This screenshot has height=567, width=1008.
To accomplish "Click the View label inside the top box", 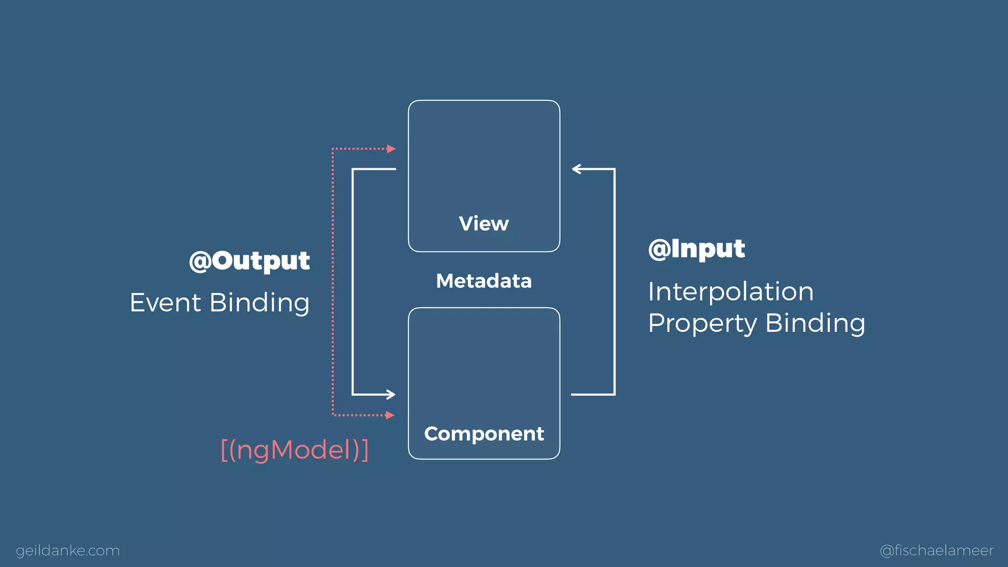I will click(x=484, y=224).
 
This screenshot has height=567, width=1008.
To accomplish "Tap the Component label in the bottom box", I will click(x=484, y=434).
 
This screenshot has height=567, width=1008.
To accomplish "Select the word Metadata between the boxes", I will click(x=484, y=281).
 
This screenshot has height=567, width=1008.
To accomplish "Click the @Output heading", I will click(x=250, y=261).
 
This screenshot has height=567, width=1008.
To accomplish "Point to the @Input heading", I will click(x=696, y=249).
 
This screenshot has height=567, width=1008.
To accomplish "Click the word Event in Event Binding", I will click(x=165, y=302).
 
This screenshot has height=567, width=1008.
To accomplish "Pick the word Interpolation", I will click(x=730, y=291).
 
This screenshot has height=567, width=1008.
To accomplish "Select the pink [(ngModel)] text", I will click(x=295, y=450).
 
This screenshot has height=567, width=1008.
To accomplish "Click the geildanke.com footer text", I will click(x=68, y=550).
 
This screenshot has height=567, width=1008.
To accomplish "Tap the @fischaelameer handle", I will click(x=937, y=550).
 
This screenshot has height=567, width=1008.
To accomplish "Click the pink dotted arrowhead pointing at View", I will click(x=391, y=149).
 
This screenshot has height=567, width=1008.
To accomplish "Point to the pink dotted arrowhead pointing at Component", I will click(x=390, y=415).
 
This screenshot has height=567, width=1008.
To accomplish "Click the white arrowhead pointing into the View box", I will click(x=576, y=169).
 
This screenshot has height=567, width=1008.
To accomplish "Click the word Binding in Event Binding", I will click(x=259, y=302).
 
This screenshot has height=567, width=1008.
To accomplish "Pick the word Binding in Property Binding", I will click(x=815, y=323).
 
